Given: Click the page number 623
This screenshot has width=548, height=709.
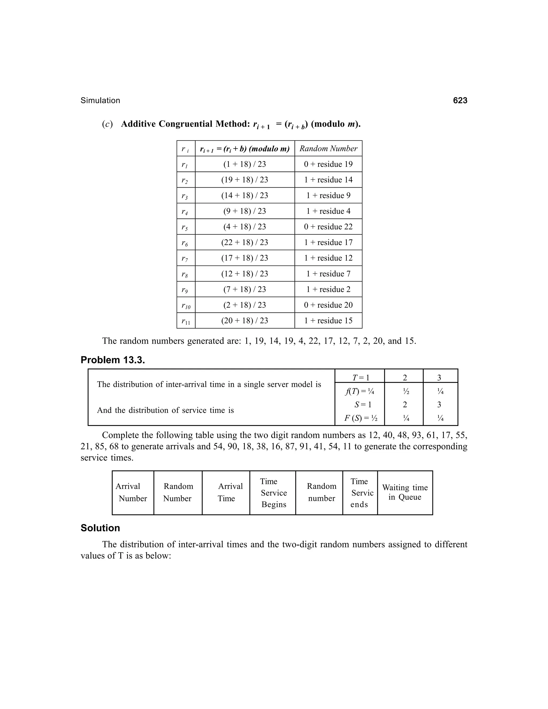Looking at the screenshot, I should [460, 101].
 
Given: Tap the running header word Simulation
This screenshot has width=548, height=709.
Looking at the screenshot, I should [100, 101].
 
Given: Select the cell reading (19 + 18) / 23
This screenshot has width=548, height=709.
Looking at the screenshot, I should [245, 180].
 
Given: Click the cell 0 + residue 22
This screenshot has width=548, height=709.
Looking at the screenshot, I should [328, 227].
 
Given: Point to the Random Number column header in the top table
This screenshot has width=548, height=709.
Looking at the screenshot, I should [328, 149].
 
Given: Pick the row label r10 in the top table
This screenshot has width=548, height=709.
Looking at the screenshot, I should [186, 306].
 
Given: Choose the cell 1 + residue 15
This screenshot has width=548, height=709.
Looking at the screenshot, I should [328, 321].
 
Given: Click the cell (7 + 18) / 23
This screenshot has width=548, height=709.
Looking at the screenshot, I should [245, 289].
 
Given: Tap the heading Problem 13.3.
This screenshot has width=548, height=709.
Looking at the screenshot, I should [113, 360].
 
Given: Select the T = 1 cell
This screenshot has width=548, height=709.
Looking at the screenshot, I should [361, 378].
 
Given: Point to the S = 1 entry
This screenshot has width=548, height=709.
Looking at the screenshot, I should [363, 405].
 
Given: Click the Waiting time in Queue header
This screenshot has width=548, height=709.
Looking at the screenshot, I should [405, 493].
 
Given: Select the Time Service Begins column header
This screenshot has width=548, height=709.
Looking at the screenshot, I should [273, 493].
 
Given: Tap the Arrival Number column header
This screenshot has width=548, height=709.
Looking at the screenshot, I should [132, 493].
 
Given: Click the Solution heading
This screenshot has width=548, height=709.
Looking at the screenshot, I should [100, 528].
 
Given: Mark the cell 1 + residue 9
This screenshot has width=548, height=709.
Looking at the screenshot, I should [328, 195].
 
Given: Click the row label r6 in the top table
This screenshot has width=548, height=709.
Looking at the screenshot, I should [184, 243].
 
